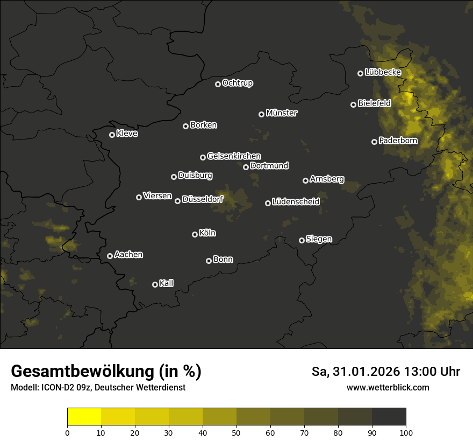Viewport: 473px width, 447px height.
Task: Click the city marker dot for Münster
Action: [x=262, y=114]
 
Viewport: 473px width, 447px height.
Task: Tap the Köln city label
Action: [x=207, y=233]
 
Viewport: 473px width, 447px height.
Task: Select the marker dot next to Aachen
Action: [x=110, y=256]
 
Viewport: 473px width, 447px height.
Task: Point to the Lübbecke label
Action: [x=383, y=72]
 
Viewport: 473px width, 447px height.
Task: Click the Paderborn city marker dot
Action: [x=375, y=142]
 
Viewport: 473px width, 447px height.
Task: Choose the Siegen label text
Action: [x=319, y=239]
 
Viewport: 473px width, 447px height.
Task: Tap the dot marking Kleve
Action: [x=112, y=135]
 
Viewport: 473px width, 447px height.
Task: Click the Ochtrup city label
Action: [x=237, y=83]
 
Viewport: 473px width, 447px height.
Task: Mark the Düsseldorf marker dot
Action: [x=178, y=201]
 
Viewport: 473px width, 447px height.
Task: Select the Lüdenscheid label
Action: [x=296, y=202]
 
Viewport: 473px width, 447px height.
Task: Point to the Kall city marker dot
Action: [x=155, y=284]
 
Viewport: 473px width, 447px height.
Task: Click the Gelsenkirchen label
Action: [x=234, y=156]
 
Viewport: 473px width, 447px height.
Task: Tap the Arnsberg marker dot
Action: [x=306, y=180]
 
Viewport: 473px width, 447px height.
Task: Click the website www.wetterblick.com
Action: [x=388, y=387]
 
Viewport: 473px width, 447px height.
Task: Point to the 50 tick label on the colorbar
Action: [x=236, y=432]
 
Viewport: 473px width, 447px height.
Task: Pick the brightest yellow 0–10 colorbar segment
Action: [x=84, y=417]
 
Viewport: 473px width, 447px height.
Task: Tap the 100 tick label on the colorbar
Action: [x=406, y=432]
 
